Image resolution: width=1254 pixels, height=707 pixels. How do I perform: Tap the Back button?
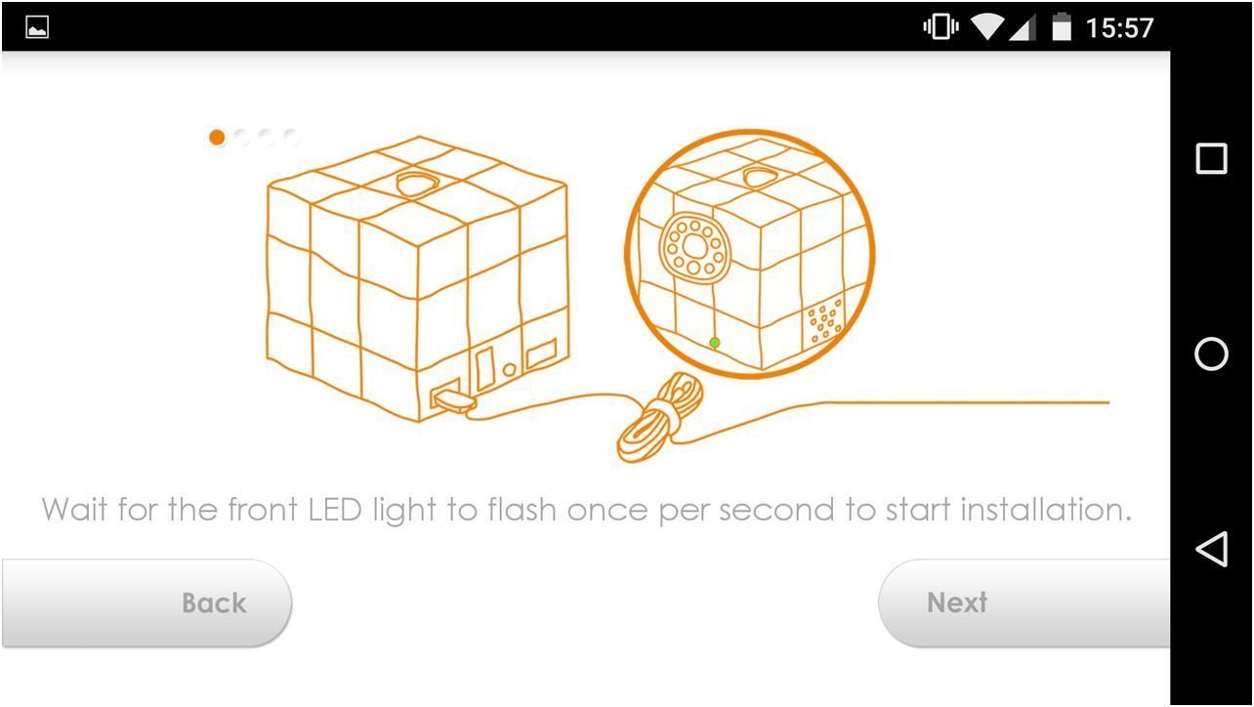[x=146, y=603]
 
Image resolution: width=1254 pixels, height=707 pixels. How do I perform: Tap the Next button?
[x=1024, y=603]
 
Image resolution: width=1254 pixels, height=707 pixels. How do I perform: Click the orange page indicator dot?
[x=217, y=137]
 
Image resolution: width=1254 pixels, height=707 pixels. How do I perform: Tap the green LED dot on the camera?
[x=714, y=343]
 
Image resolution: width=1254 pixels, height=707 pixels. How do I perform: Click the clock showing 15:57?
[x=1119, y=28]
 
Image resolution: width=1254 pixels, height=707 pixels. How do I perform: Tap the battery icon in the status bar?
[x=1062, y=26]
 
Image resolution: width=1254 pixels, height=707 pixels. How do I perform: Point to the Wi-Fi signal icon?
[x=987, y=27]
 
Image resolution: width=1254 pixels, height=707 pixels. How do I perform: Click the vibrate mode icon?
[x=941, y=26]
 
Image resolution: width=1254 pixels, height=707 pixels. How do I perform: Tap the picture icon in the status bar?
[x=37, y=27]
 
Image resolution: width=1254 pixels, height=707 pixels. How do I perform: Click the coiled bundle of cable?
[x=660, y=418]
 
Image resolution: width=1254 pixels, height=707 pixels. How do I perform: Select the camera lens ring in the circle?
[x=694, y=247]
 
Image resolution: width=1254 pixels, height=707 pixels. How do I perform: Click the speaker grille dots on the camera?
[x=824, y=320]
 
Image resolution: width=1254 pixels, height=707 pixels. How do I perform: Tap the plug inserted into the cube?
[x=454, y=400]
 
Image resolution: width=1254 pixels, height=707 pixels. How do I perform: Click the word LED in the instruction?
[x=335, y=510]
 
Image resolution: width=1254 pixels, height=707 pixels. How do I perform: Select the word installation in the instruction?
[x=1046, y=510]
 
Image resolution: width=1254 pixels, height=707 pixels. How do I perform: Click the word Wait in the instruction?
[x=74, y=510]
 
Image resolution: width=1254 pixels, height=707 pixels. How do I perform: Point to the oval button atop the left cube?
[x=416, y=183]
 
